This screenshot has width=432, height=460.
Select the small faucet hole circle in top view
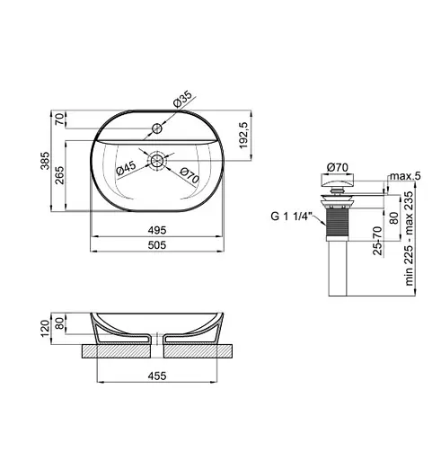click(x=159, y=128)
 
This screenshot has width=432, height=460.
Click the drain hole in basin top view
click(x=159, y=162)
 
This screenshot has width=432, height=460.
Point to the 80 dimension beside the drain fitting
click(x=392, y=217)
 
